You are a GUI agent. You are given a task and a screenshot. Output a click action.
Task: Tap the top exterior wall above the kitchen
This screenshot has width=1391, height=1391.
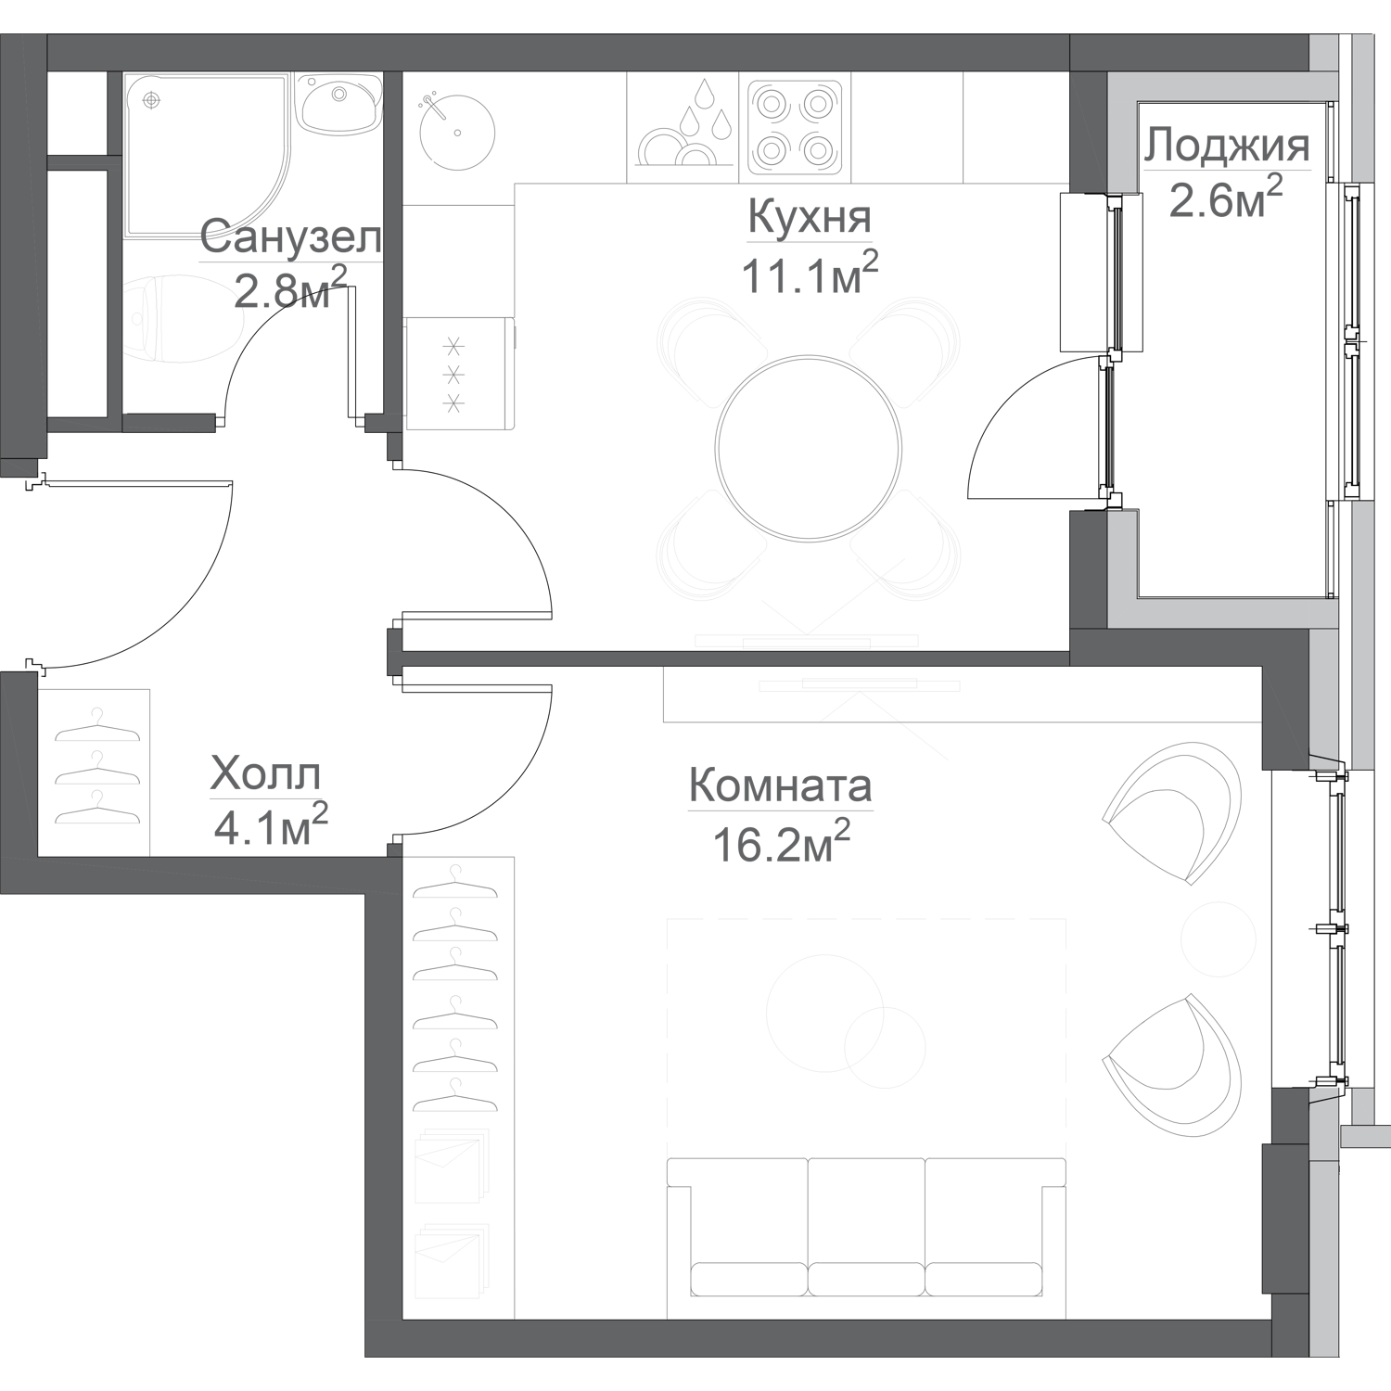556,52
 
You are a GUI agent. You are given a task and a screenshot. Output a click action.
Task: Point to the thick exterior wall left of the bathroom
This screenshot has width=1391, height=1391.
23,250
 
